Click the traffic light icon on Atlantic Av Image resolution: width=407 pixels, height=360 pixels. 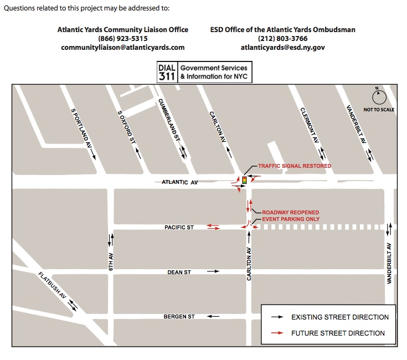click(243, 180)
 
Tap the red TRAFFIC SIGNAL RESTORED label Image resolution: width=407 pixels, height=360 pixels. click(295, 166)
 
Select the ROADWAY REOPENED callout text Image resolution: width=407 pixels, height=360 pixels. click(290, 213)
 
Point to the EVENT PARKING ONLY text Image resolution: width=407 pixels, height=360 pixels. click(291, 219)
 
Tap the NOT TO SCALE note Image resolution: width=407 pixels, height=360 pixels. click(379, 110)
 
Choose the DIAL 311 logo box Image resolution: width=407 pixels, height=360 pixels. click(168, 72)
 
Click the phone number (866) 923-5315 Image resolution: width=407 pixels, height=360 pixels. click(123, 39)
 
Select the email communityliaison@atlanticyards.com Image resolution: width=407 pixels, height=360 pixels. click(123, 48)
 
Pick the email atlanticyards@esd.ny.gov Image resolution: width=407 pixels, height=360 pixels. click(282, 48)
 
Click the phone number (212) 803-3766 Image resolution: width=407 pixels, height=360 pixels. click(282, 39)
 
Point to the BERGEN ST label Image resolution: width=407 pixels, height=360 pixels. click(179, 317)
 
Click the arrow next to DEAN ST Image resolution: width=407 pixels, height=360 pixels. click(213, 272)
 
